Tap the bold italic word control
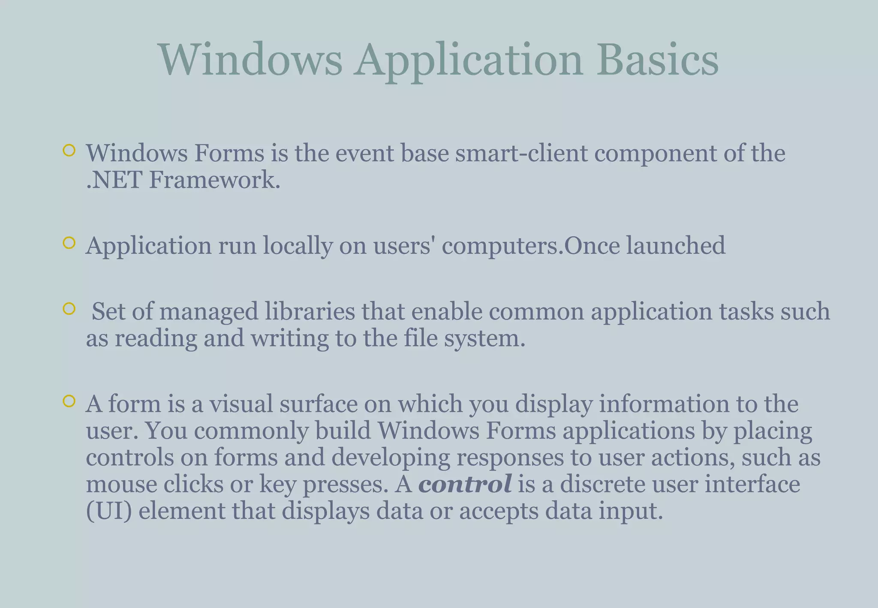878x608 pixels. [x=465, y=484]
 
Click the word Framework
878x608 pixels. [x=214, y=180]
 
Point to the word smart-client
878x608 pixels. [x=521, y=153]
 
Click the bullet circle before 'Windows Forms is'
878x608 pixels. [x=69, y=150]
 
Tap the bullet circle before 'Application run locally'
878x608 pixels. [x=69, y=243]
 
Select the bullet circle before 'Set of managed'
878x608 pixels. [x=69, y=308]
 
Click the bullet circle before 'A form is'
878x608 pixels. [x=69, y=401]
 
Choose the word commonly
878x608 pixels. [x=251, y=431]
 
